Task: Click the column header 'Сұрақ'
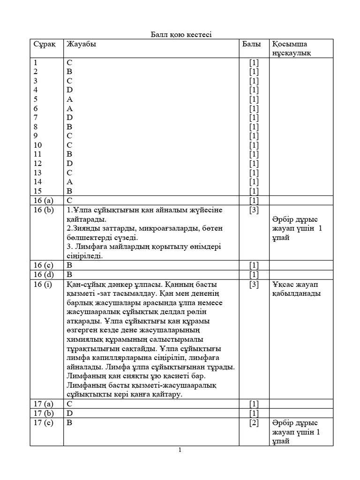45,44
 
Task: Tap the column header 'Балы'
252,44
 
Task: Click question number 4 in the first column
36,90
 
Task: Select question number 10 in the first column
37,145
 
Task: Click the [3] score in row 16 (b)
254,210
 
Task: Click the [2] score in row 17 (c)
254,422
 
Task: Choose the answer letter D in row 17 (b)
70,413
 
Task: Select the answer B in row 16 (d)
70,274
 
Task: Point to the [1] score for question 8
254,127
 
